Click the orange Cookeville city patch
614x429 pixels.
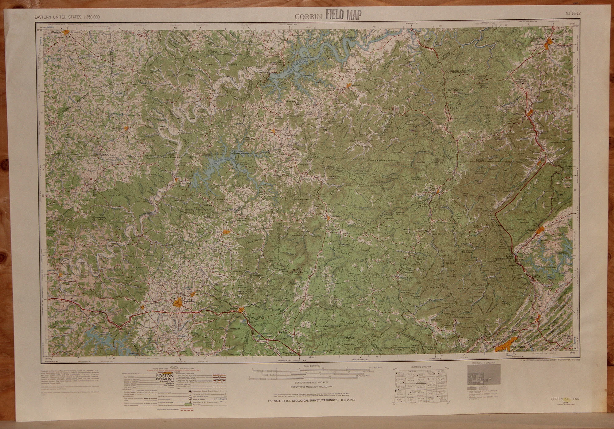coord(177,303)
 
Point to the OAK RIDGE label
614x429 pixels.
coord(519,347)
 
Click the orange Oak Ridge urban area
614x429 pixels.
coord(504,347)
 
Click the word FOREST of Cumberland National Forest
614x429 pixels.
coord(455,108)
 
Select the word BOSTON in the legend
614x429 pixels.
coord(165,376)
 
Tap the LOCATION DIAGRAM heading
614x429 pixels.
coord(420,366)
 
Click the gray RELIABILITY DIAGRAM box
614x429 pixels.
coord(484,379)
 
